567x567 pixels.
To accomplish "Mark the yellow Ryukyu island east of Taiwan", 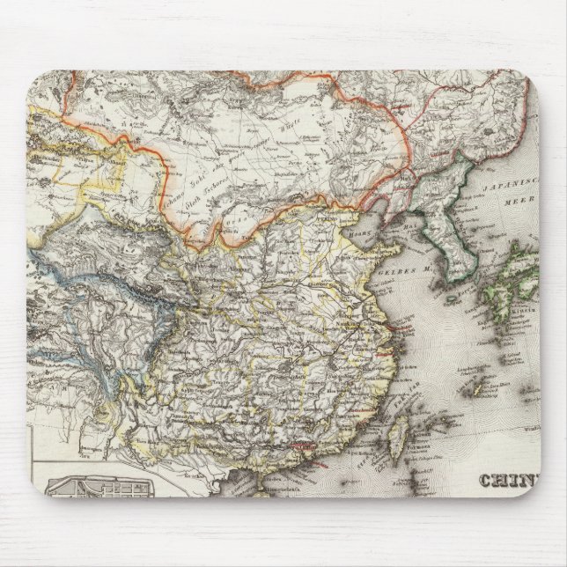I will click(481, 387).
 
